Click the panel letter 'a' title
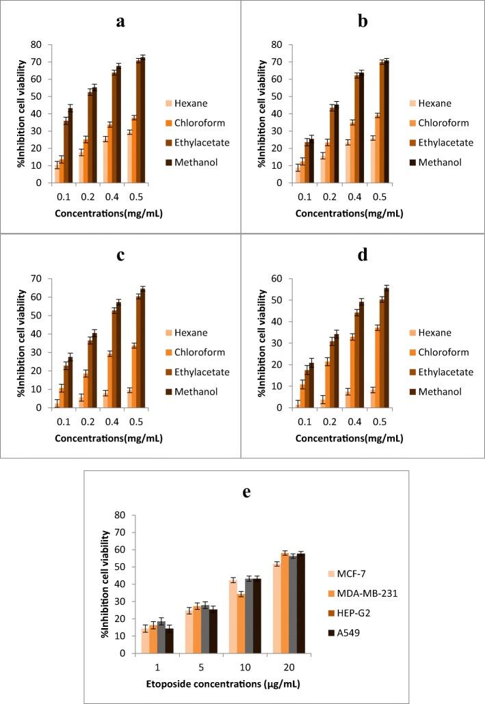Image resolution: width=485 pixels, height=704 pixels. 120,21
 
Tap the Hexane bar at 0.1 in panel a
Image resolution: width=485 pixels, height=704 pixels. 57,174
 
